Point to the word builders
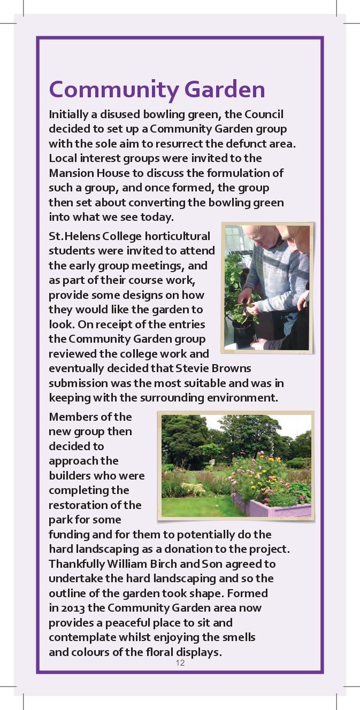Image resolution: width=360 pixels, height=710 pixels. click(x=69, y=475)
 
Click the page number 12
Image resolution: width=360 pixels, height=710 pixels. click(x=180, y=663)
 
